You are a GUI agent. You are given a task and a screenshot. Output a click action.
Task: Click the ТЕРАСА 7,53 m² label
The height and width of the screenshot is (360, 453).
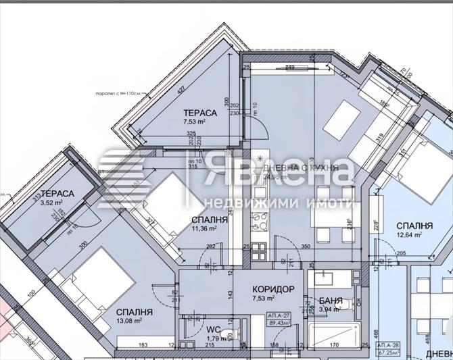click(199, 118)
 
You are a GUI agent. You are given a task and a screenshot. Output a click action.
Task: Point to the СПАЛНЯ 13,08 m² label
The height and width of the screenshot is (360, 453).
click(133, 316)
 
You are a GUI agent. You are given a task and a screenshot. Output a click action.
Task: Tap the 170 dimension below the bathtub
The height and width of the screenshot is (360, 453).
click(334, 346)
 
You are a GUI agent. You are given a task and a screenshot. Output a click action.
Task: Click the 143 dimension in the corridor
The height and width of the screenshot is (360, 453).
click(230, 295)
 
